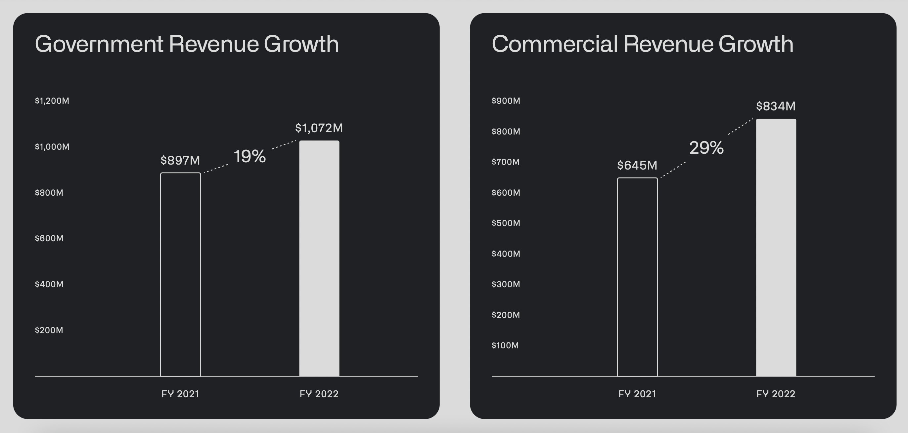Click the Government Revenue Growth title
click(x=187, y=44)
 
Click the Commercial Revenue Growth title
click(x=642, y=44)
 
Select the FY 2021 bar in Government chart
click(x=180, y=275)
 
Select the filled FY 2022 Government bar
click(x=319, y=259)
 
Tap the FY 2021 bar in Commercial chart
click(x=637, y=277)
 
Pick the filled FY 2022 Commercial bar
click(x=776, y=248)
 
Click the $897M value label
click(x=180, y=161)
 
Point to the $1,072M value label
click(x=319, y=128)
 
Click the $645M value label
click(x=637, y=166)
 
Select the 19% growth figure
click(x=250, y=156)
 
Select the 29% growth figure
click(x=706, y=148)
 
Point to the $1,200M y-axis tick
click(x=52, y=101)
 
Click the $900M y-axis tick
click(x=506, y=101)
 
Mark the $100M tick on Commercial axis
click(x=505, y=345)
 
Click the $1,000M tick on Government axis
click(x=52, y=147)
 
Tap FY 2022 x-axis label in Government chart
click(x=319, y=394)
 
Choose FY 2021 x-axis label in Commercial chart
click(x=637, y=394)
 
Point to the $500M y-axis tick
click(x=506, y=223)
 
